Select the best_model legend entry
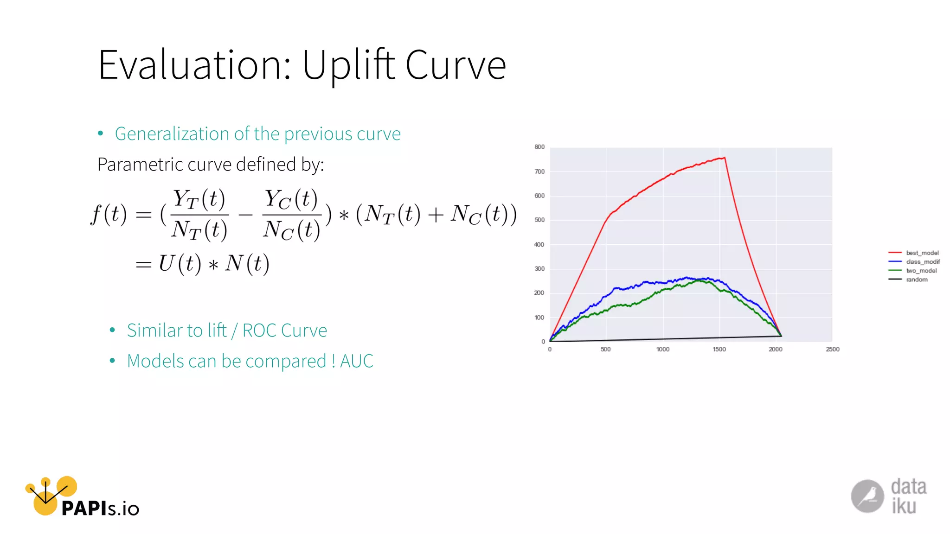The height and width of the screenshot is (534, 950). (x=922, y=253)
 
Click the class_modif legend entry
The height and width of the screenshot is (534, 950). (x=923, y=261)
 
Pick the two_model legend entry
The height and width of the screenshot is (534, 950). (x=921, y=270)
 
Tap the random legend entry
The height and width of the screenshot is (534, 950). (x=917, y=279)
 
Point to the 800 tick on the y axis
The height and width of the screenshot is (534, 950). (x=539, y=147)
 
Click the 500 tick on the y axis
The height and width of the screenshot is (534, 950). (x=539, y=220)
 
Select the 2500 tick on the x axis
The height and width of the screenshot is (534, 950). (x=832, y=349)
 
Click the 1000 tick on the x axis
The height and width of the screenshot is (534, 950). (x=662, y=349)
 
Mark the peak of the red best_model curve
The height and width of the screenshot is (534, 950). (x=724, y=158)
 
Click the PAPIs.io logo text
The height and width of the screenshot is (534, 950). (x=100, y=509)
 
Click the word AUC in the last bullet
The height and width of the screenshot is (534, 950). (x=356, y=361)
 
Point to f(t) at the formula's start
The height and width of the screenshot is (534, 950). (x=109, y=214)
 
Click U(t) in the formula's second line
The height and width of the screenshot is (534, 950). (x=180, y=263)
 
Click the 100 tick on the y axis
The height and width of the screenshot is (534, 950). (x=539, y=317)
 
